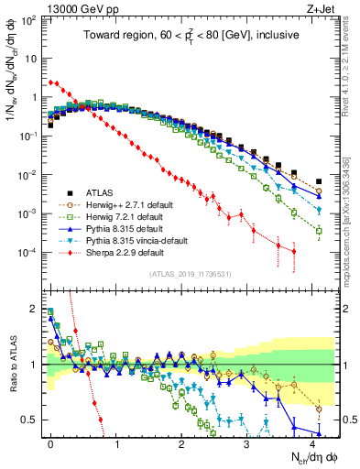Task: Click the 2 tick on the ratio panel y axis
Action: (x=36, y=309)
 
